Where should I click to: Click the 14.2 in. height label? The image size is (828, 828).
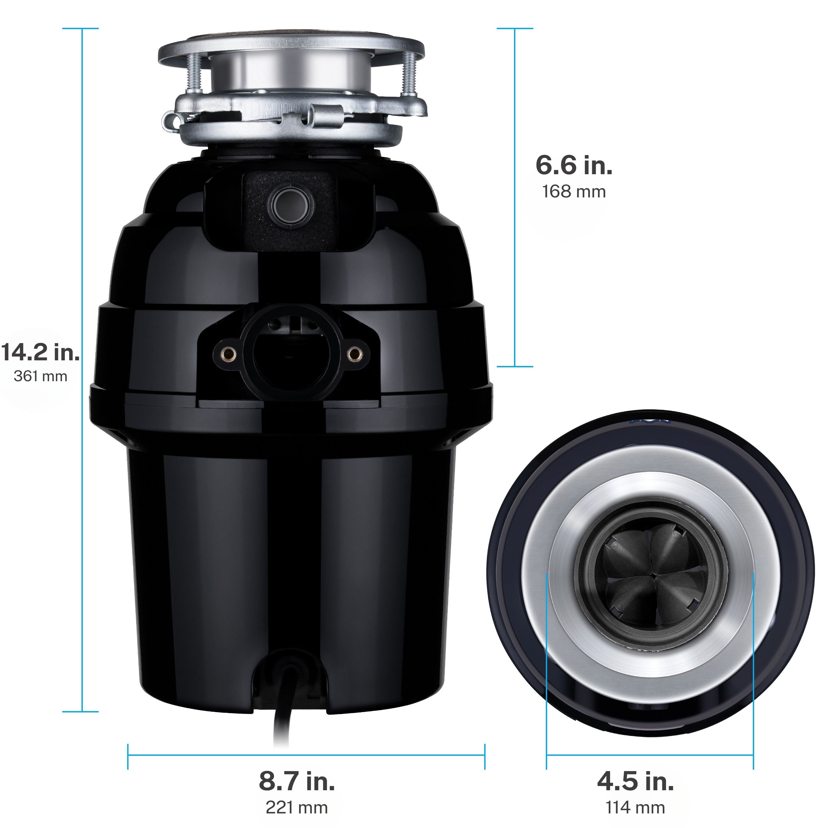tap(41, 352)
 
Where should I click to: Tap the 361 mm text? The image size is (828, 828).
tap(40, 376)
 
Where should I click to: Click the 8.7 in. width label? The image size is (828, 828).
tap(296, 781)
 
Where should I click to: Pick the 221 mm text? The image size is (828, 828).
tap(296, 808)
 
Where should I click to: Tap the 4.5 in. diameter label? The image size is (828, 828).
tap(635, 781)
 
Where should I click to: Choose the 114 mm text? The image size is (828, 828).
tap(635, 808)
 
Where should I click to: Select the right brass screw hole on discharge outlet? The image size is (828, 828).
tap(354, 354)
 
